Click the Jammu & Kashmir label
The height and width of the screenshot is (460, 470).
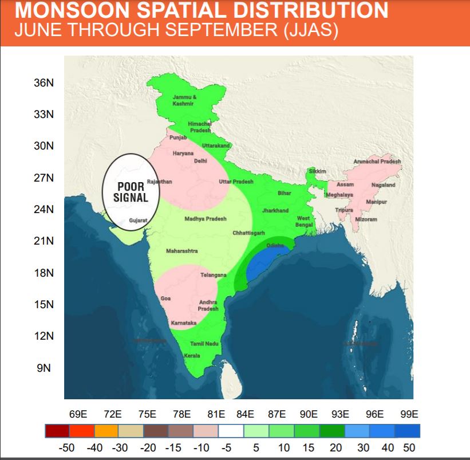pyautogui.click(x=184, y=100)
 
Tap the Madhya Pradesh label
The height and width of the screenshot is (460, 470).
pyautogui.click(x=206, y=219)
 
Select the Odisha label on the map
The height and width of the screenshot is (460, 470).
pyautogui.click(x=275, y=245)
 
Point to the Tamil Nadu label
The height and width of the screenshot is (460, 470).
pyautogui.click(x=204, y=343)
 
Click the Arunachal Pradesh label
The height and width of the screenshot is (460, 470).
pyautogui.click(x=377, y=162)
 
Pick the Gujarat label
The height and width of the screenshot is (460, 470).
pyautogui.click(x=138, y=220)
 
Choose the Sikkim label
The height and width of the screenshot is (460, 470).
pyautogui.click(x=317, y=171)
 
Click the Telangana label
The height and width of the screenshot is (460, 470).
pyautogui.click(x=214, y=276)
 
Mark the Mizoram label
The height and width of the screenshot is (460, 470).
pyautogui.click(x=366, y=219)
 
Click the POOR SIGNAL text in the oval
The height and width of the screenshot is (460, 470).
pyautogui.click(x=131, y=192)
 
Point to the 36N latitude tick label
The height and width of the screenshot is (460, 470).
pyautogui.click(x=44, y=83)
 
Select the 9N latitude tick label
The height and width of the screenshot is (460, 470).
pyautogui.click(x=44, y=368)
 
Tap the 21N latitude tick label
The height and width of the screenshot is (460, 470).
pyautogui.click(x=44, y=241)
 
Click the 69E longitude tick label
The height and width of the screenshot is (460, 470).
pyautogui.click(x=78, y=414)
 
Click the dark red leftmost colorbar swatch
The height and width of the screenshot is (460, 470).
pyautogui.click(x=57, y=431)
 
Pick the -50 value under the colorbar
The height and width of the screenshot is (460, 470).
pyautogui.click(x=67, y=448)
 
